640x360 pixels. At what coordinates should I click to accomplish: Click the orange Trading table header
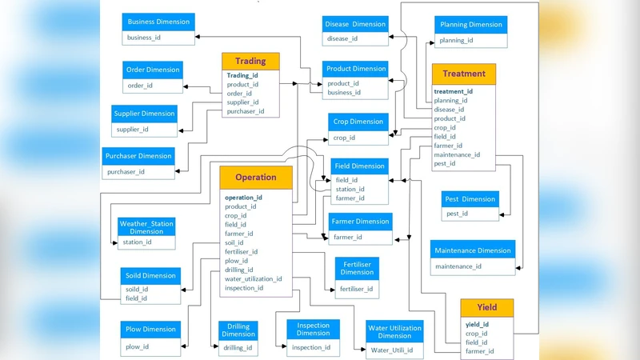(250, 62)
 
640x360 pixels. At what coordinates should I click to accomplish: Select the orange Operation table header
(256, 178)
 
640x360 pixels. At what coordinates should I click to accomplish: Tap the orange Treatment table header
(464, 74)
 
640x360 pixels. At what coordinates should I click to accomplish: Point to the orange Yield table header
(486, 307)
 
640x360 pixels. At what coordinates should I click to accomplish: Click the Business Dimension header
(158, 22)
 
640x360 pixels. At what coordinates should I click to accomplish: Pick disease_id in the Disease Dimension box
(342, 38)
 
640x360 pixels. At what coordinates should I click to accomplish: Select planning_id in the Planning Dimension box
(457, 40)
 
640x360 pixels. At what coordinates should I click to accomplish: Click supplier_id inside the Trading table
(243, 102)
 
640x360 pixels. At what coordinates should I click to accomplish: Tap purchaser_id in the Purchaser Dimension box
(126, 171)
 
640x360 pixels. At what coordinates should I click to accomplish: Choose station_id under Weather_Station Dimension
(137, 242)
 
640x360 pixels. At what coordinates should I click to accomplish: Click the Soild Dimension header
(150, 275)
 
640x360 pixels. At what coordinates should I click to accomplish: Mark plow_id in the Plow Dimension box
(137, 346)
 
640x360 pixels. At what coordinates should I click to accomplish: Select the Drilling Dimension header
(238, 330)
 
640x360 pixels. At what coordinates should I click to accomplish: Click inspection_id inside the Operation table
(244, 288)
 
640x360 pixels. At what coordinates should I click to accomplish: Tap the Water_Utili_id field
(392, 350)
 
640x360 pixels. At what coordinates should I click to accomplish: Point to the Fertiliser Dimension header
(357, 268)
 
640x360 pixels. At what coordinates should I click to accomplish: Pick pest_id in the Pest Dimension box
(458, 214)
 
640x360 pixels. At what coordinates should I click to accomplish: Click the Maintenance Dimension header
(472, 250)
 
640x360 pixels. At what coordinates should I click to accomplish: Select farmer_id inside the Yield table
(479, 351)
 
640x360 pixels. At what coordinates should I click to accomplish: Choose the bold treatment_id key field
(454, 91)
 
